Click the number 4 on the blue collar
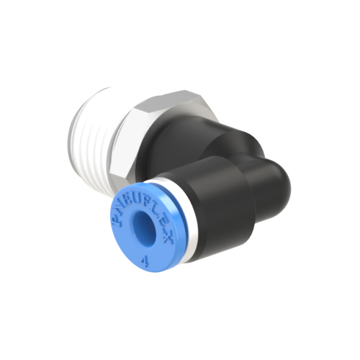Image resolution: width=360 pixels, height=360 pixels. coord(146,262)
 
